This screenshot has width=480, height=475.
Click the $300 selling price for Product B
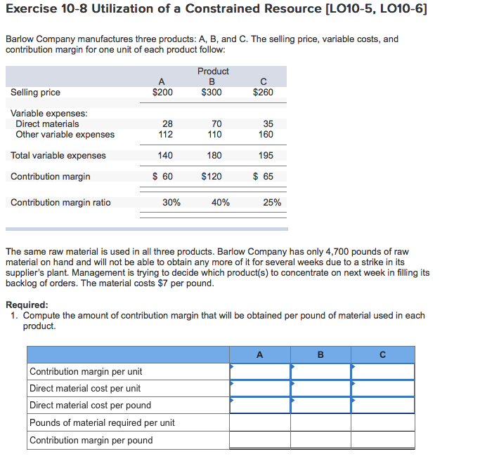(211, 93)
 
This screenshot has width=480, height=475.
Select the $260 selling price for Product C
(263, 93)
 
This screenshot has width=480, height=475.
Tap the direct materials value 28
(167, 124)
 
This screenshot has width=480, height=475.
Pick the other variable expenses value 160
(266, 135)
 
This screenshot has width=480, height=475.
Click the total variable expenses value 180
(214, 156)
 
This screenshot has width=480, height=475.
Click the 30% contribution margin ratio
(171, 203)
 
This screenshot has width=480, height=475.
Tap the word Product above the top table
(213, 72)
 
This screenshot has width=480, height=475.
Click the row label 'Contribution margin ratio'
(60, 203)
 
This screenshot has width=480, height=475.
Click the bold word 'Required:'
(27, 305)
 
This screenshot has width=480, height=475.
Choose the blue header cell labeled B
(320, 355)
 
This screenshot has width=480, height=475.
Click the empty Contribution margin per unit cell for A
(260, 371)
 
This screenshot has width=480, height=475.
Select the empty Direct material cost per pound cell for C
(382, 405)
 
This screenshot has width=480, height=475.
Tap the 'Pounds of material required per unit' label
(102, 422)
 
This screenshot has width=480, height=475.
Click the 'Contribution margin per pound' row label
(91, 441)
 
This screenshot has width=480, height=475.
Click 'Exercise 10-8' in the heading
(46, 9)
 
